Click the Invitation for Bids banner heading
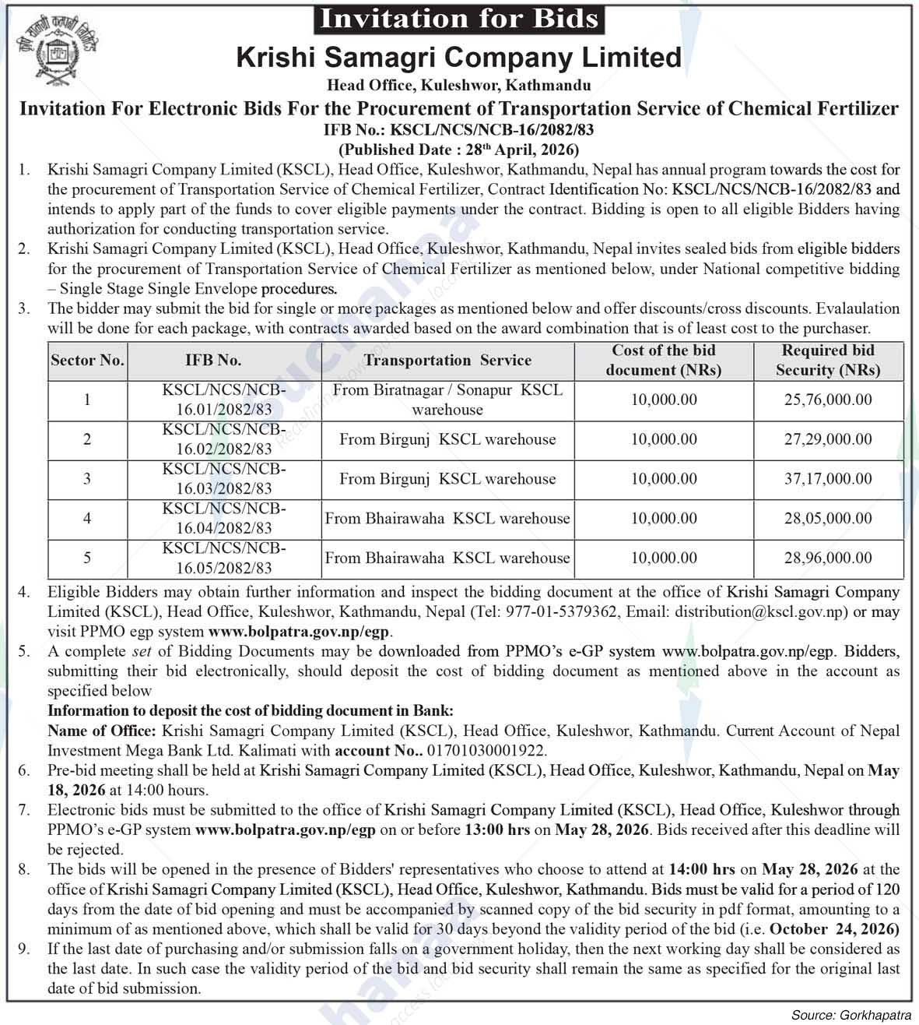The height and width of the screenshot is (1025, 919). coord(459,19)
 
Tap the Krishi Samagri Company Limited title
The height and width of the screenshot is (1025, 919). coord(458,58)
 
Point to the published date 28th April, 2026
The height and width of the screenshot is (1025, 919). coord(458,149)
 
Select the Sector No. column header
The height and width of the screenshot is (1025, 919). coord(87,360)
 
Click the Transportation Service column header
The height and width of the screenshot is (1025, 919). coord(447,360)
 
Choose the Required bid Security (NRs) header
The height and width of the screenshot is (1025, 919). coord(827,360)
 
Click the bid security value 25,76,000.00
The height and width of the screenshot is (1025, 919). coord(827,400)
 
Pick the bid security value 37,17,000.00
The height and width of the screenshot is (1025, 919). coord(827,478)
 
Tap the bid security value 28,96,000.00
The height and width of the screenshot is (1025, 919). coord(827,558)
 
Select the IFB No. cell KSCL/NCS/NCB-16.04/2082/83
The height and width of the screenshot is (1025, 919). coord(224,518)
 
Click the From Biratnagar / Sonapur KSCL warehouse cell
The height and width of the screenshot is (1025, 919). coord(447,400)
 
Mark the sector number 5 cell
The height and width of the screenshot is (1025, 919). coord(87,558)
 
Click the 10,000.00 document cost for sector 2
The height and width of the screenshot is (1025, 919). coord(664,439)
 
